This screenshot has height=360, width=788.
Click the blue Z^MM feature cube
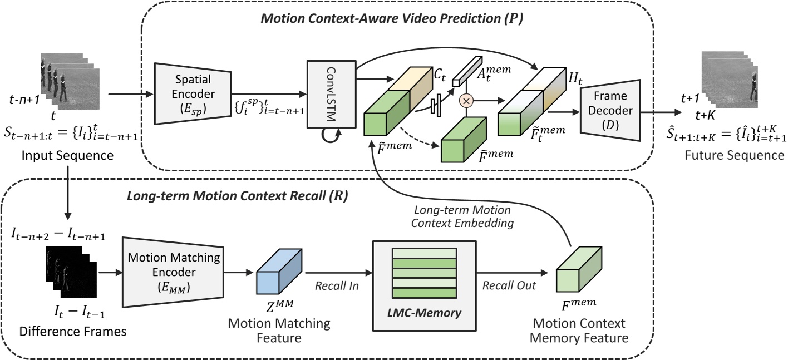[275, 273]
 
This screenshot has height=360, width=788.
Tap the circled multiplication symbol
[465, 101]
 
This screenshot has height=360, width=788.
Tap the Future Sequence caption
[734, 155]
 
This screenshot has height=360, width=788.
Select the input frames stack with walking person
[70, 77]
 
